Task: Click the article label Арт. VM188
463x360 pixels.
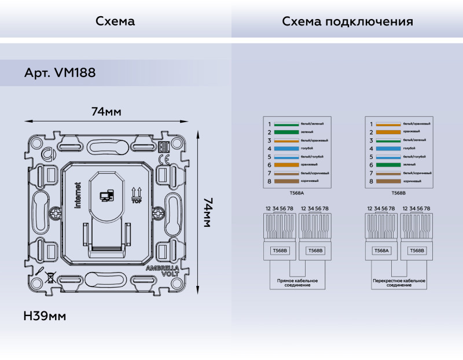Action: point(60,74)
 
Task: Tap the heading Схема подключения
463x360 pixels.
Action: point(347,21)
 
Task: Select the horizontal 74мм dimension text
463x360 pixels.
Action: point(106,111)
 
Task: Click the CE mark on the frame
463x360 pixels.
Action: point(163,159)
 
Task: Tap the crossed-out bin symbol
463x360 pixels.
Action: point(50,277)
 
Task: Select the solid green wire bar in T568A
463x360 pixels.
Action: point(286,133)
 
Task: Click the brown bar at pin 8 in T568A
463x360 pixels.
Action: point(286,182)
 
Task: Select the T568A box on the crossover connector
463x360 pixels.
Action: point(381,251)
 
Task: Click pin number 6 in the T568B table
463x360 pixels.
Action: point(370,165)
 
